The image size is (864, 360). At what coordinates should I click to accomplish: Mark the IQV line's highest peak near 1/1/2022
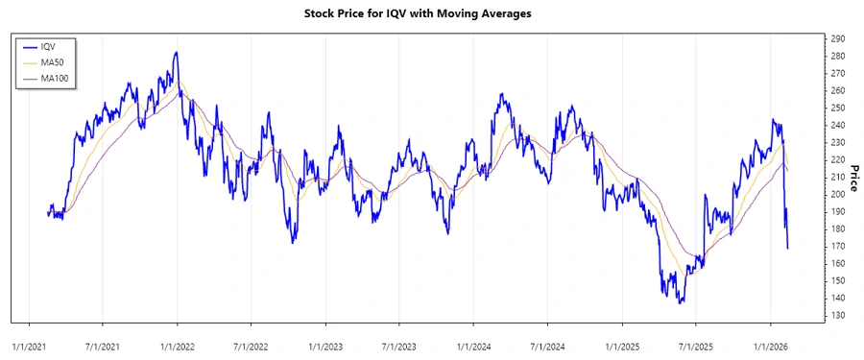[x=176, y=53]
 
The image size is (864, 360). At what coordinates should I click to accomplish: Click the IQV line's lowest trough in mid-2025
[x=681, y=302]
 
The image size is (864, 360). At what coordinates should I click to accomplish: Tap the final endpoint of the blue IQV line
[x=788, y=249]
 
